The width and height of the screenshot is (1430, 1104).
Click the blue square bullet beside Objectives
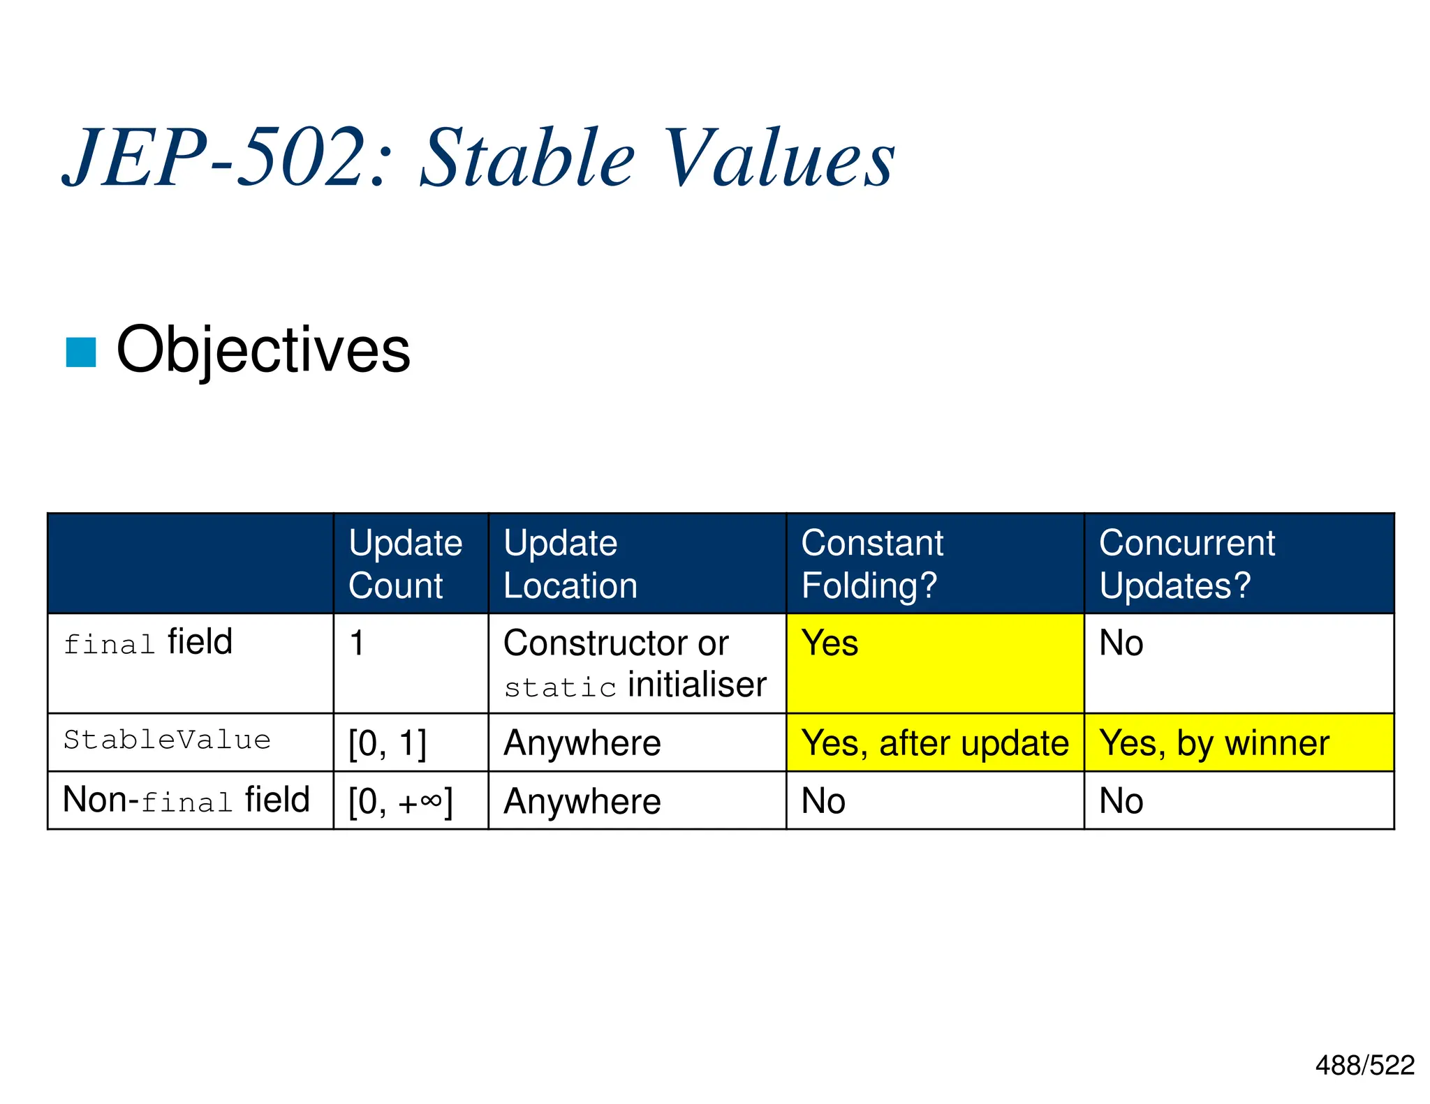click(80, 352)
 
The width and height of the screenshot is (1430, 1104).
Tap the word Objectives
click(263, 350)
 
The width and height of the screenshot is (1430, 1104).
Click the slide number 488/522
click(1364, 1065)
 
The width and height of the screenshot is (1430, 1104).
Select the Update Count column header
click(406, 564)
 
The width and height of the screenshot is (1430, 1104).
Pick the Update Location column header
click(570, 564)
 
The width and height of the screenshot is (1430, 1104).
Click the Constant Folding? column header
click(872, 564)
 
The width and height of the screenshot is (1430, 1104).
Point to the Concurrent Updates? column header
click(1187, 564)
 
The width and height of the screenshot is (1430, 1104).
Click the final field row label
click(148, 642)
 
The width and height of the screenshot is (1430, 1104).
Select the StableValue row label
click(167, 740)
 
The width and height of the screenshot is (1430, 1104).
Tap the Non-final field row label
click(186, 800)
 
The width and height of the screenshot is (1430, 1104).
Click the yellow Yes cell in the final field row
click(830, 643)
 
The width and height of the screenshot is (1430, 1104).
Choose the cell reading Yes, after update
click(934, 743)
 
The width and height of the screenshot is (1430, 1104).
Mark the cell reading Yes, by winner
click(1214, 743)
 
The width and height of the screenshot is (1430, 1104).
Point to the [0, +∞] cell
click(401, 801)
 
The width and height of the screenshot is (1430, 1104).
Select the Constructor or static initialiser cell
click(635, 664)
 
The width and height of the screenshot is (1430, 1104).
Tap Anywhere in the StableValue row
click(582, 743)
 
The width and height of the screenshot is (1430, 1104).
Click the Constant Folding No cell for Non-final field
click(824, 801)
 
